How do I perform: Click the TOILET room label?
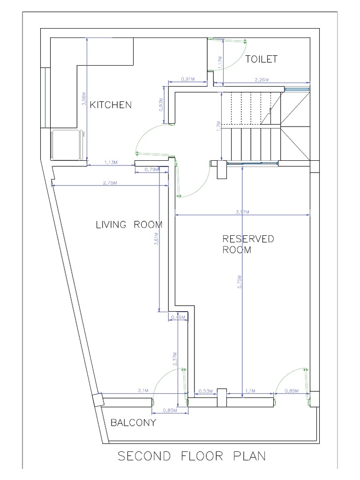pyautogui.click(x=262, y=59)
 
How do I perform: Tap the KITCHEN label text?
pyautogui.click(x=111, y=105)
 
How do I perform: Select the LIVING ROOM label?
pyautogui.click(x=129, y=225)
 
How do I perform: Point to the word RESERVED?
pyautogui.click(x=248, y=239)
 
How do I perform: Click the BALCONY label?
pyautogui.click(x=133, y=423)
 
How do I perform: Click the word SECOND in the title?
pyautogui.click(x=145, y=456)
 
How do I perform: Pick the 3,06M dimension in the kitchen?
pyautogui.click(x=84, y=100)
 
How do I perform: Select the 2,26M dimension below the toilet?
pyautogui.click(x=262, y=80)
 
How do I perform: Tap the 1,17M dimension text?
pyautogui.click(x=220, y=61)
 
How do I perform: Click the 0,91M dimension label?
pyautogui.click(x=187, y=80)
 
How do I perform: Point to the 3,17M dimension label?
pyautogui.click(x=242, y=212)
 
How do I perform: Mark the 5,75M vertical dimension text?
pyautogui.click(x=239, y=284)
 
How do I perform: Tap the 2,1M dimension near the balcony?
pyautogui.click(x=143, y=390)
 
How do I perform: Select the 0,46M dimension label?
pyautogui.click(x=178, y=317)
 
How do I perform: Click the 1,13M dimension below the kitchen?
pyautogui.click(x=110, y=162)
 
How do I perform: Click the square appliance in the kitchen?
pyautogui.click(x=66, y=144)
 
